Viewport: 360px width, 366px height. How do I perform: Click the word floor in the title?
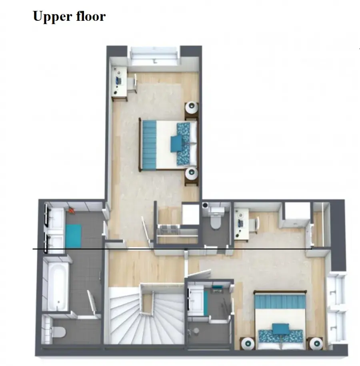(x=90, y=16)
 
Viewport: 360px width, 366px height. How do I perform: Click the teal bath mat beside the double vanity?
(x=73, y=236)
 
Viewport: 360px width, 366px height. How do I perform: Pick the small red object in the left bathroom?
(x=72, y=211)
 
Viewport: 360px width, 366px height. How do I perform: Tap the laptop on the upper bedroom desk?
(x=119, y=80)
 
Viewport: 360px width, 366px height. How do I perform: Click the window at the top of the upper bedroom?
(x=154, y=56)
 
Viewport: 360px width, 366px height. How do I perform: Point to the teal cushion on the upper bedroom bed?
(x=176, y=144)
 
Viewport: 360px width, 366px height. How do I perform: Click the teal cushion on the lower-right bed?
(x=280, y=329)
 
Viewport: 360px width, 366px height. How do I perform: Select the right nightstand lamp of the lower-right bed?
(x=316, y=344)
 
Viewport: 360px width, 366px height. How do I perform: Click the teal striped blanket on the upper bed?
(x=150, y=145)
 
